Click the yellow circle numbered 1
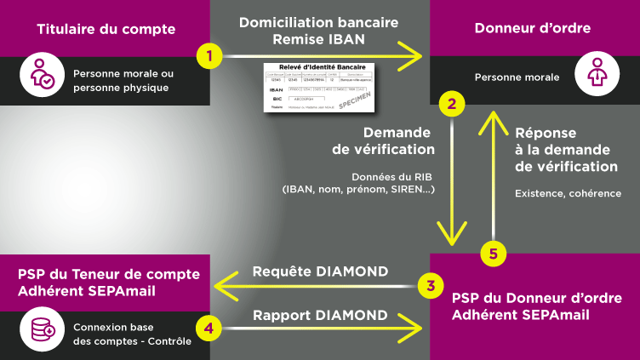pos(209,57)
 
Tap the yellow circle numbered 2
pos(451,105)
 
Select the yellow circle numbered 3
pos(431,285)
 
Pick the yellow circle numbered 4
pos(209,326)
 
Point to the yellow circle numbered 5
pos(493,253)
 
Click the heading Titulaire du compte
pos(106,29)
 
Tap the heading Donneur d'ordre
pos(532,29)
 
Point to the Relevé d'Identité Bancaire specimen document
pos(318,87)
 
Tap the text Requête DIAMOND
pos(320,271)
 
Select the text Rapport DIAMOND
pos(320,314)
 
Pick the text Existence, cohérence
pos(568,193)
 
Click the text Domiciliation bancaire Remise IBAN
pos(318,31)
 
